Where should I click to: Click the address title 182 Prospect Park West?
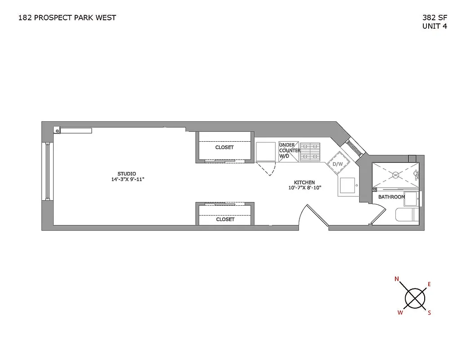click(x=67, y=18)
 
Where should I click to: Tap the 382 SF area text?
click(x=435, y=18)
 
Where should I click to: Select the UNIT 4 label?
click(x=435, y=26)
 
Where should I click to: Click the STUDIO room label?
click(x=127, y=174)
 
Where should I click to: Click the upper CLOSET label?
click(x=224, y=148)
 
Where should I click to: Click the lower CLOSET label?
click(x=225, y=220)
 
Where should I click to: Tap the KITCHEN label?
click(x=305, y=182)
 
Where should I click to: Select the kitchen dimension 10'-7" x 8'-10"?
click(x=305, y=188)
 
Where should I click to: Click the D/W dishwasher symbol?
click(x=338, y=164)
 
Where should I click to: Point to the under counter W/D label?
click(x=289, y=150)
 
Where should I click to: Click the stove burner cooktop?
click(x=310, y=151)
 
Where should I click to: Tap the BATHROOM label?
click(x=391, y=197)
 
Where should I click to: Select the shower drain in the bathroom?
click(x=395, y=174)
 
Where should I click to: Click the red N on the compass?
click(x=397, y=279)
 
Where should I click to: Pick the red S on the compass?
click(x=429, y=313)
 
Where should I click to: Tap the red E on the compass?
click(x=429, y=284)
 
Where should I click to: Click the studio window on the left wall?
click(x=47, y=171)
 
